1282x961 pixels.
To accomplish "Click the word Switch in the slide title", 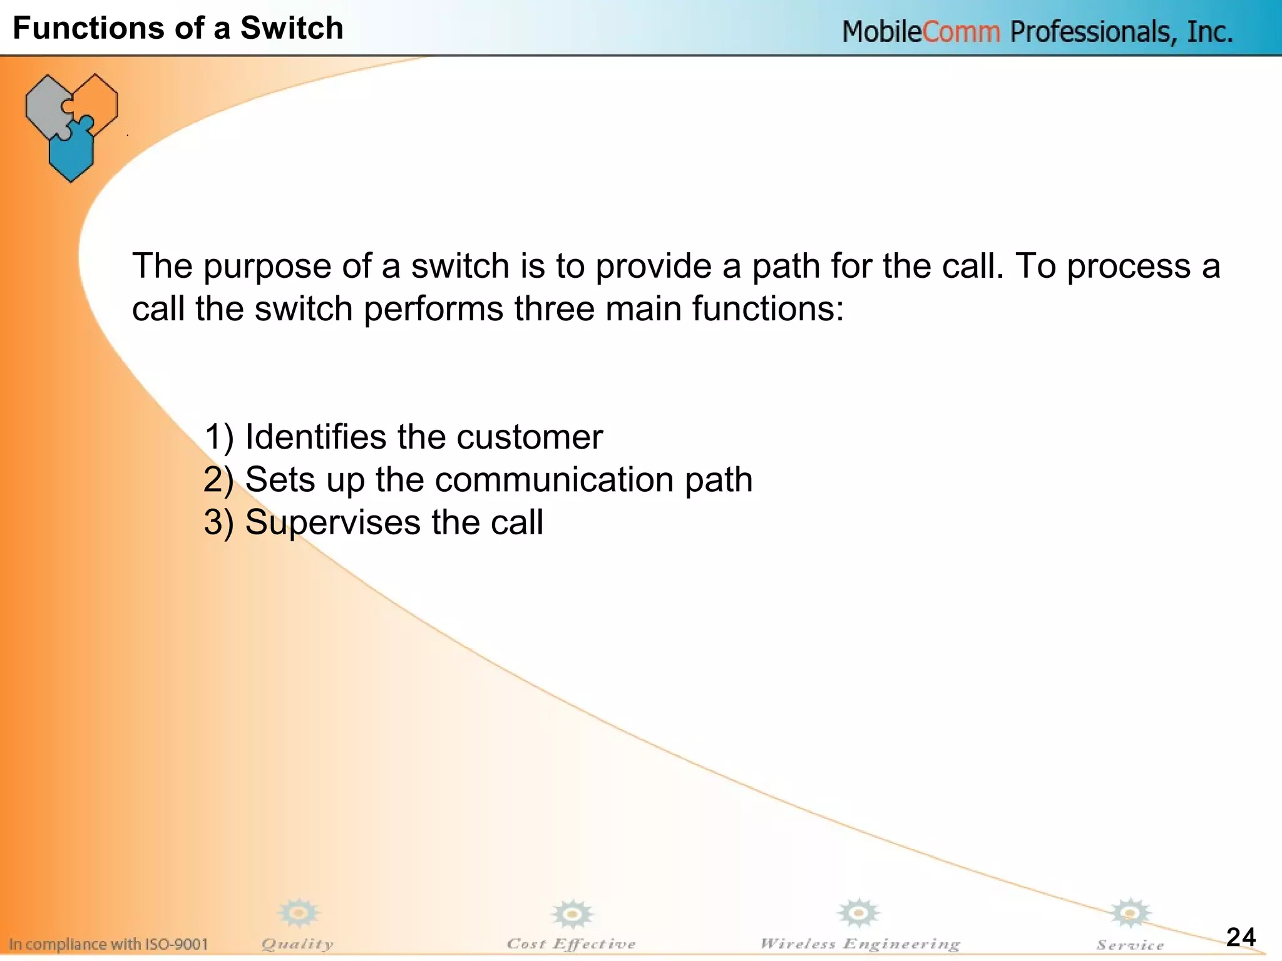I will coord(292,28).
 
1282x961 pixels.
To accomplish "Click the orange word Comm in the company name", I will coord(961,32).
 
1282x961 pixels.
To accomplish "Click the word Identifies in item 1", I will coord(315,437).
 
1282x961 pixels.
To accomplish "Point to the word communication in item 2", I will coord(555,480).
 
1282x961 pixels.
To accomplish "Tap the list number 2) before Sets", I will coord(218,480).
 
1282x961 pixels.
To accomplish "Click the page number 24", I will coord(1241,937).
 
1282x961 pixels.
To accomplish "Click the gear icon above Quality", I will coord(299,913).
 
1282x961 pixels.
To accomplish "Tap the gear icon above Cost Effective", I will coord(572,915).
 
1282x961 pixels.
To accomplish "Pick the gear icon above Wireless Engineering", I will coord(859,913).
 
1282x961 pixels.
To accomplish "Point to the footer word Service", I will coord(1130,945).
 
